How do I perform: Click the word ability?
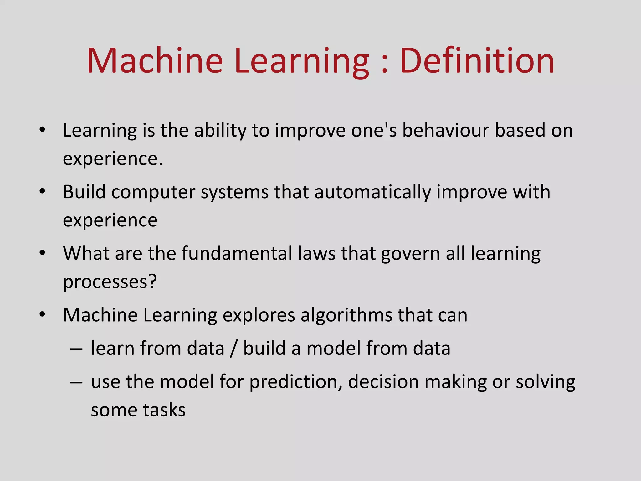coord(220,131)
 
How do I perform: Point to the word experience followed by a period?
coord(113,159)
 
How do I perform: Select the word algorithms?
coord(346,315)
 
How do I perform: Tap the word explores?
coord(259,316)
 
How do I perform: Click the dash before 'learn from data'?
coord(76,349)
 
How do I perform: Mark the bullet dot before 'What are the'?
coord(42,253)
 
